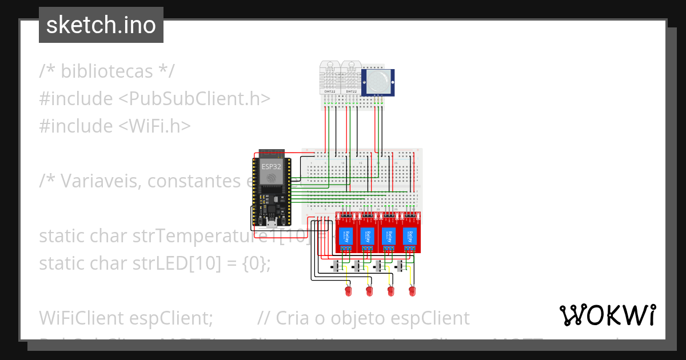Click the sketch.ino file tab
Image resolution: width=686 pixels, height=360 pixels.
pos(101,25)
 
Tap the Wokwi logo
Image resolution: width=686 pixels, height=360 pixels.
pos(607,315)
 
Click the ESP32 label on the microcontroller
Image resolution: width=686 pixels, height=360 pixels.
pos(272,167)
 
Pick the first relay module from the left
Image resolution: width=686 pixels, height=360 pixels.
pos(346,234)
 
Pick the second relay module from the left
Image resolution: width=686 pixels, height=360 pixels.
pos(368,234)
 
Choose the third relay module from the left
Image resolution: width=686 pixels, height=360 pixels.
pos(389,234)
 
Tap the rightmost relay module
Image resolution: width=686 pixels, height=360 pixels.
pos(410,234)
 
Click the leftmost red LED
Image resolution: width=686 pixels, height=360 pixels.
pos(347,291)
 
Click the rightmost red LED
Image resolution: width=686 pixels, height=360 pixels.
pos(412,291)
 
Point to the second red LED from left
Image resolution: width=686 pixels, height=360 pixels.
pos(369,291)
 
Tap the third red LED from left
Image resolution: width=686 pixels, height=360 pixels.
pos(390,291)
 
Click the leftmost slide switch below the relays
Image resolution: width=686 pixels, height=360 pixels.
pos(337,266)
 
